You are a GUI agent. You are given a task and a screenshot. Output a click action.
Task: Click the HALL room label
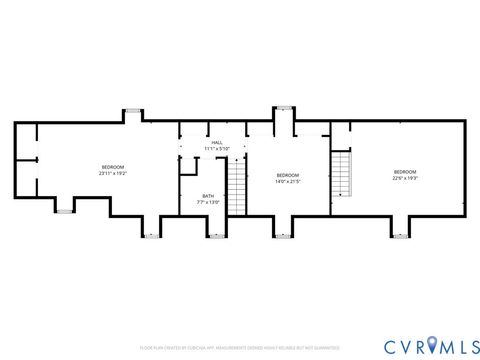click(217, 143)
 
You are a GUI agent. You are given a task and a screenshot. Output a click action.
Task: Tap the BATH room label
click(208, 195)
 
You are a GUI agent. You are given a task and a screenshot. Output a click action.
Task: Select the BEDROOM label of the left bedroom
click(112, 166)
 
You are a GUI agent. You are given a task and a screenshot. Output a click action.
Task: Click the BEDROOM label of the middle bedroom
click(287, 175)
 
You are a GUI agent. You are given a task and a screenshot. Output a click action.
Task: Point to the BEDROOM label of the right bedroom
click(404, 172)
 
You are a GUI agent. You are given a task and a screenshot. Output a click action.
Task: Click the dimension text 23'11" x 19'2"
click(112, 173)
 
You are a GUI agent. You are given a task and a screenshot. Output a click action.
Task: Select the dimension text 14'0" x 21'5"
click(287, 182)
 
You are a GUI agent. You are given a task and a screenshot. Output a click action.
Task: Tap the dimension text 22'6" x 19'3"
click(404, 179)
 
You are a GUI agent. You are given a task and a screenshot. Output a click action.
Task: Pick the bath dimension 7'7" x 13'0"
click(208, 202)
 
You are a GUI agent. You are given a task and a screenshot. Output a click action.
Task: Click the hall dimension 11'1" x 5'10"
click(217, 149)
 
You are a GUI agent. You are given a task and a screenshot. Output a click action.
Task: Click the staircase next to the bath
click(237, 184)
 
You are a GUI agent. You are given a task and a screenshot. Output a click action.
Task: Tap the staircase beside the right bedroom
click(342, 174)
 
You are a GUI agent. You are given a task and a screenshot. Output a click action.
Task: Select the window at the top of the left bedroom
click(134, 112)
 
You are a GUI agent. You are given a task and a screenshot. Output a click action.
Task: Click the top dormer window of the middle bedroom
click(285, 107)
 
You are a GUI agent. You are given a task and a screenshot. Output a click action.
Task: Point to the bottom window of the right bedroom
click(401, 236)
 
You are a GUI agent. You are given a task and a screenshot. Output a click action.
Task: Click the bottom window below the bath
click(214, 236)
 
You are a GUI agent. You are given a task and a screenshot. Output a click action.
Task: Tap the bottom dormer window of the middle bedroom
click(285, 236)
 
